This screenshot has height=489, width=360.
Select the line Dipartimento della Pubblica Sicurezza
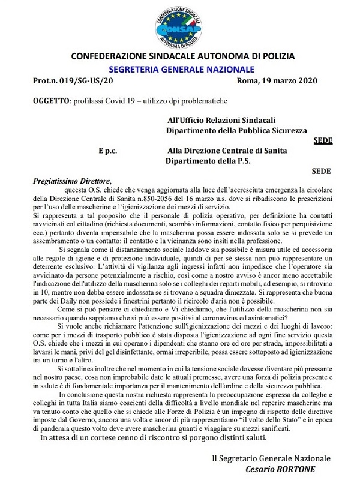click(x=236, y=130)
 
